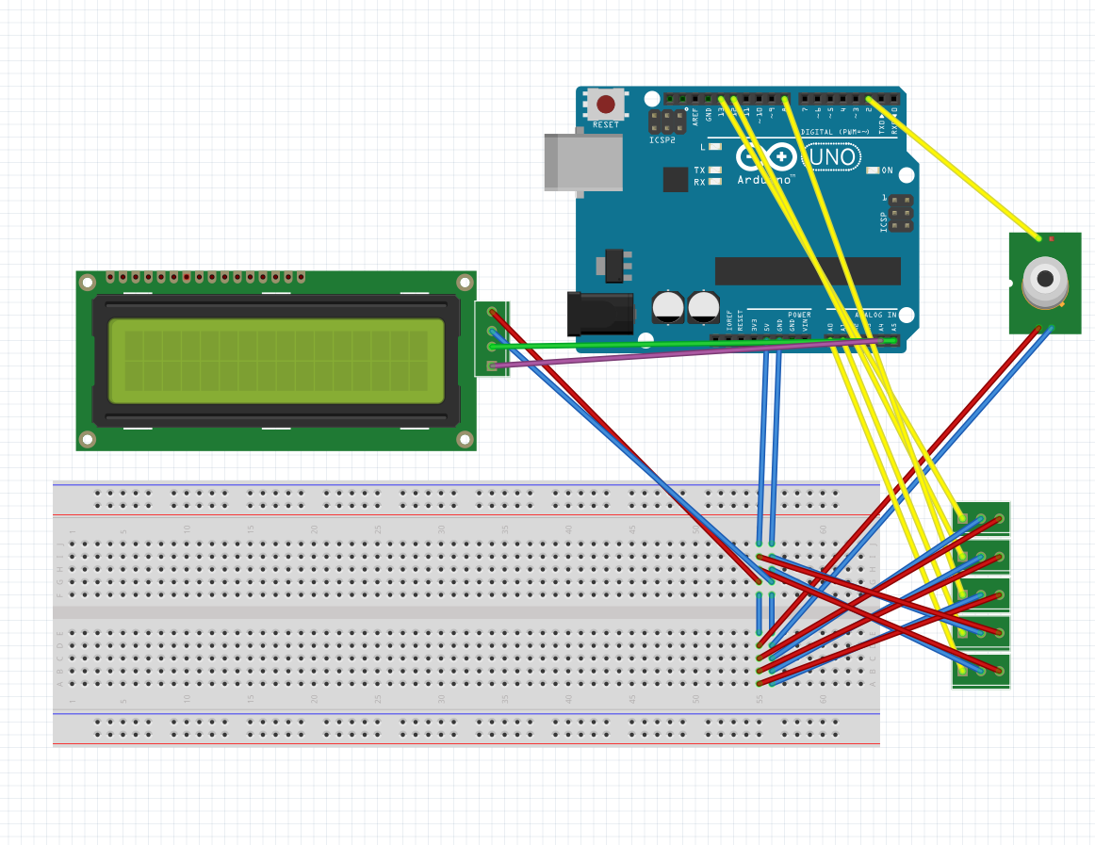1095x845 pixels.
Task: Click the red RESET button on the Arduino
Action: click(606, 104)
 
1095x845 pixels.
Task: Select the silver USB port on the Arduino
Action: click(583, 162)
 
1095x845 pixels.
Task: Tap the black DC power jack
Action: click(599, 313)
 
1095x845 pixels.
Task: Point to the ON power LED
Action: click(873, 171)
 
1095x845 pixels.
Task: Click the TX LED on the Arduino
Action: click(715, 171)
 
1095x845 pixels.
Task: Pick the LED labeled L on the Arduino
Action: click(715, 147)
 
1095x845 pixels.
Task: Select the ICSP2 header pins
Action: click(667, 121)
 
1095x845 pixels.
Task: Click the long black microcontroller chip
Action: click(808, 271)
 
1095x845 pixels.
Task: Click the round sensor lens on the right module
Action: click(1045, 278)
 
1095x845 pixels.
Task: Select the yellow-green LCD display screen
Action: click(275, 361)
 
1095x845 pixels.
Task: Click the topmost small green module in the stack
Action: click(981, 518)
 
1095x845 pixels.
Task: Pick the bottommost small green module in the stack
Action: click(981, 671)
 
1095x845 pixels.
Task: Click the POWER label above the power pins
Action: click(799, 315)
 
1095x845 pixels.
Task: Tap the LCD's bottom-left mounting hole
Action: click(88, 439)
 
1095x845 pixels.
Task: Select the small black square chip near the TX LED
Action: click(675, 179)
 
